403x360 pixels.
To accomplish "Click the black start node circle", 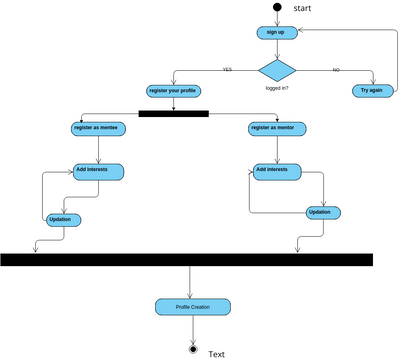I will (x=276, y=8).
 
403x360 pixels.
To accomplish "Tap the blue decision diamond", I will (x=277, y=70).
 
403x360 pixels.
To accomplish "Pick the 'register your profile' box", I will (x=173, y=91).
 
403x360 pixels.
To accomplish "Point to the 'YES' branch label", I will (x=227, y=70).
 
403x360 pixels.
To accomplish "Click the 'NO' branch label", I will (x=335, y=70).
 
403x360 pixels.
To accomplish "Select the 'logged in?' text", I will (x=278, y=89).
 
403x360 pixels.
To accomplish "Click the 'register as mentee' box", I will (x=98, y=128).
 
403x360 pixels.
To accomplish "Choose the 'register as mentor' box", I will (x=277, y=128).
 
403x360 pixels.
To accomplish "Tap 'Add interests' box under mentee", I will (x=98, y=171).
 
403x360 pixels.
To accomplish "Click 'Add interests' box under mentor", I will (x=278, y=170).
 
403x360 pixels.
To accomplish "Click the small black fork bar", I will (x=173, y=113).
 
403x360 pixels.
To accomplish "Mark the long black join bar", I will (x=186, y=259).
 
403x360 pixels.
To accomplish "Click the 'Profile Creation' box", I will (x=192, y=306).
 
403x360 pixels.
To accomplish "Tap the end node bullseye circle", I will (x=192, y=349).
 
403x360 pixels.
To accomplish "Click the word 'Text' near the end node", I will (x=216, y=354).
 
